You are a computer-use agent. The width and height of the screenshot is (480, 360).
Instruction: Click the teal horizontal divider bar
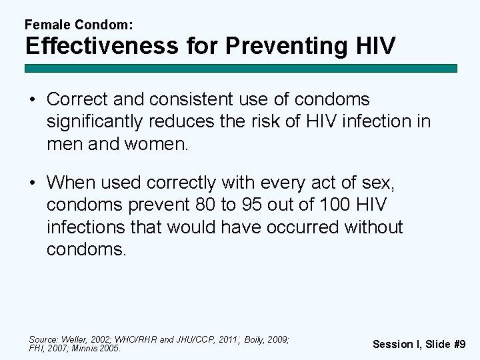pyautogui.click(x=241, y=68)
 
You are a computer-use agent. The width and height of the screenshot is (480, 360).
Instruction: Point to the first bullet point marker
pyautogui.click(x=32, y=100)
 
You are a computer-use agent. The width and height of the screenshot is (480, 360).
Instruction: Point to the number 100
pyautogui.click(x=331, y=204)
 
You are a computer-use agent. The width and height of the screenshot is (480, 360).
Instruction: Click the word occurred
pyautogui.click(x=303, y=227)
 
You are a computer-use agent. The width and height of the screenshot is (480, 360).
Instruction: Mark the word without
pyautogui.click(x=373, y=227)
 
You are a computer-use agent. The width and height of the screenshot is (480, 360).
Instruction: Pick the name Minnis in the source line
pyautogui.click(x=86, y=347)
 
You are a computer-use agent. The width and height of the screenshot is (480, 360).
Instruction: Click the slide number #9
pyautogui.click(x=459, y=344)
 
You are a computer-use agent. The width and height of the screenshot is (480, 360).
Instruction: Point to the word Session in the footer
pyautogui.click(x=393, y=344)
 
